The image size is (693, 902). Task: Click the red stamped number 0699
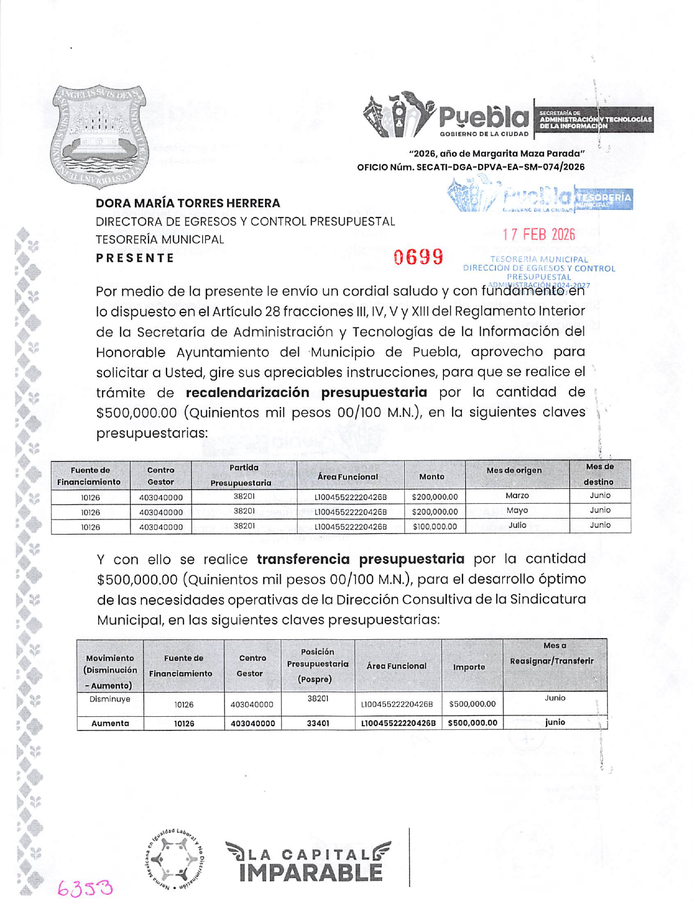tap(418, 257)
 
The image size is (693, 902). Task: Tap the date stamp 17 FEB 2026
tap(538, 234)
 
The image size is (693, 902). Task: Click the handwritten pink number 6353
tap(85, 888)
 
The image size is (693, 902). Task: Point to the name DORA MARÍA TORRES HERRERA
tap(188, 203)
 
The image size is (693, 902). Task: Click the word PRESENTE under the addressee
tap(135, 258)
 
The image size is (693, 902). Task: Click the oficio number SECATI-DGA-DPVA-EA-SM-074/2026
tap(500, 167)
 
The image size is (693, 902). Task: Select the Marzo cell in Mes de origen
tap(517, 496)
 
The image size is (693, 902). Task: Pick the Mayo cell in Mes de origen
tap(517, 510)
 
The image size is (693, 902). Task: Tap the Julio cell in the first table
tap(517, 525)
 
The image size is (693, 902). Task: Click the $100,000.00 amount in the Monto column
tap(435, 527)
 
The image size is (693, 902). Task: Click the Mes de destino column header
tap(599, 474)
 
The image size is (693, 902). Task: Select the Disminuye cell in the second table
tap(110, 699)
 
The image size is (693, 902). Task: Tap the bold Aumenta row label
tap(110, 723)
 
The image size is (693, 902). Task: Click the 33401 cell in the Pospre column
tap(317, 723)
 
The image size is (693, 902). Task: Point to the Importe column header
tap(469, 667)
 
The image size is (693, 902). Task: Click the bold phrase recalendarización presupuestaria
tap(306, 392)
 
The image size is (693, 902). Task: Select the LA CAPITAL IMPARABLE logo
tap(308, 862)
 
